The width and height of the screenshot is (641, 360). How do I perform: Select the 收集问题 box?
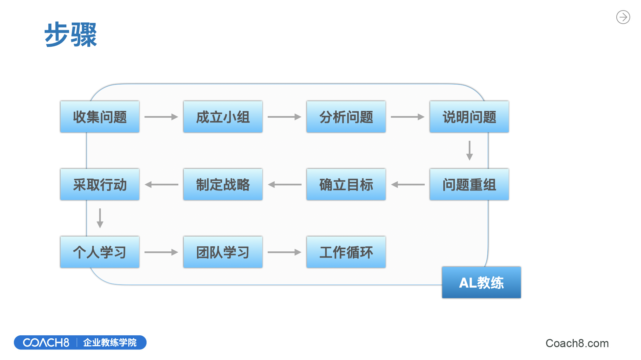pos(100,117)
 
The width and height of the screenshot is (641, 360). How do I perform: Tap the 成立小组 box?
pos(223,117)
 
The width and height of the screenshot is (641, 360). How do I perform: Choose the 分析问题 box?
pos(346,117)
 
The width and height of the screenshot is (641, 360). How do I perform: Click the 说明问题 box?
pos(469,117)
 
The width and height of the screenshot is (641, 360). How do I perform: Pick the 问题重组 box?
pos(469,184)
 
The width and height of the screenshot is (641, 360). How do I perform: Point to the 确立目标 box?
pos(346,184)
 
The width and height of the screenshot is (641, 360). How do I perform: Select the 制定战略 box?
pos(223,184)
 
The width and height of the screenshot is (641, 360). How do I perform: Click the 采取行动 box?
pos(100,184)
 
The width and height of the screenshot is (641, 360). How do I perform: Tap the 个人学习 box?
pos(100,252)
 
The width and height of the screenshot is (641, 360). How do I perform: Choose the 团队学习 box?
pos(223,252)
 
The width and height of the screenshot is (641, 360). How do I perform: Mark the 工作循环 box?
pos(346,252)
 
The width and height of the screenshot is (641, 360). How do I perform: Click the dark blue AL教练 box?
pos(481,283)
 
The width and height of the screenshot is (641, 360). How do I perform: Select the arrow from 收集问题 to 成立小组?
pos(161,117)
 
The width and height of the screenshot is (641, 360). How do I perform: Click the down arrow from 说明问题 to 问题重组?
pos(469,151)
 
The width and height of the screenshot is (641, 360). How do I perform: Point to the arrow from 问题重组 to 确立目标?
pos(408,185)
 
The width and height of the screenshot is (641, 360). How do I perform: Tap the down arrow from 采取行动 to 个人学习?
pos(100,218)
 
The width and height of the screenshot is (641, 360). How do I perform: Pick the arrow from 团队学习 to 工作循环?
pos(284,252)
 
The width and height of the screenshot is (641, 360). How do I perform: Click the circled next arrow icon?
pos(623,17)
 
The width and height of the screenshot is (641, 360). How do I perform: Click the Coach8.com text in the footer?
pos(577,343)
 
